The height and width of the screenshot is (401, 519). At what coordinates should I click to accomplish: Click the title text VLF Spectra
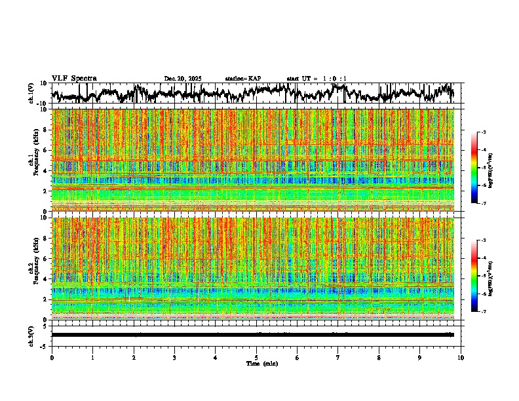(x=74, y=78)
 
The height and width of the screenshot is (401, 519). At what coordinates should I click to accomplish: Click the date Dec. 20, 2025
(x=183, y=79)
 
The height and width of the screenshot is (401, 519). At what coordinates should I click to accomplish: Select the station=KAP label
(x=242, y=79)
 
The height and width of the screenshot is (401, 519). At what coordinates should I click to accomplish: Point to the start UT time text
(x=317, y=79)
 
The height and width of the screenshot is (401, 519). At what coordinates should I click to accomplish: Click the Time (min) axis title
(x=256, y=363)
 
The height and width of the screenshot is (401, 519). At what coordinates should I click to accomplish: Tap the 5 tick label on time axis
(x=256, y=357)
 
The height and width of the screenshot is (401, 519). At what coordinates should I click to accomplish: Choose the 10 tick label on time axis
(x=461, y=357)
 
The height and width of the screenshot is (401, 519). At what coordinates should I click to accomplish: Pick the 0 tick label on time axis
(x=52, y=357)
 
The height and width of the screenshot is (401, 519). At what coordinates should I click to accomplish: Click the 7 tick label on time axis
(x=338, y=357)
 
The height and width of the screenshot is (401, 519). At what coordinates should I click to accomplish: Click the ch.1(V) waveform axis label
(x=31, y=94)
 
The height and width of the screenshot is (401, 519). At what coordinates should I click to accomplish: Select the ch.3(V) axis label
(x=31, y=334)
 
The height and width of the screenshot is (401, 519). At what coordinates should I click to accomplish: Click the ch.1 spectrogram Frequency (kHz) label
(x=36, y=160)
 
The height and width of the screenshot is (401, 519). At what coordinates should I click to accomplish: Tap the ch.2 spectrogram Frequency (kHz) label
(x=36, y=268)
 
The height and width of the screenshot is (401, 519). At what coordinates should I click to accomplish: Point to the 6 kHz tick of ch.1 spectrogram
(x=47, y=150)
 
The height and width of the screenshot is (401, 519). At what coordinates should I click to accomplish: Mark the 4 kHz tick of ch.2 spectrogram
(x=47, y=278)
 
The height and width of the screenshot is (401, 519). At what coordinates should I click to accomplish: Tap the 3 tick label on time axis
(x=174, y=357)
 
